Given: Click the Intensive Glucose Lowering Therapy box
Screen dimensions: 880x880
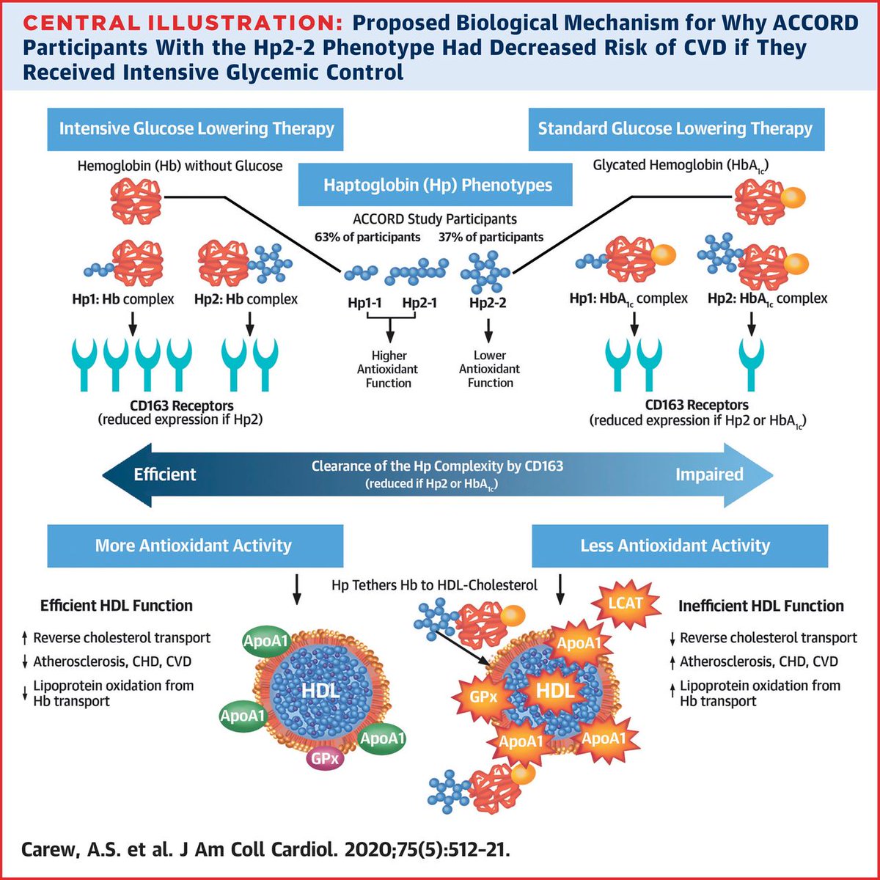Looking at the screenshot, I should (196, 129).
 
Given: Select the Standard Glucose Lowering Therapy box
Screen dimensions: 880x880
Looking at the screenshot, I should (675, 129).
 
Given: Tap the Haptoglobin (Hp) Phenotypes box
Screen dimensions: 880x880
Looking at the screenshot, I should (438, 184).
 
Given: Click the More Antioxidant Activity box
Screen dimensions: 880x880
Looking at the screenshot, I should (194, 546).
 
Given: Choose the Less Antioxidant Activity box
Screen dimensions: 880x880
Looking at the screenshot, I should (675, 546).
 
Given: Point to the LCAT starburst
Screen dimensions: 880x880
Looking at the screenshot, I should (625, 604).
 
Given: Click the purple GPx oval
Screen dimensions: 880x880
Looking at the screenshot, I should (326, 758).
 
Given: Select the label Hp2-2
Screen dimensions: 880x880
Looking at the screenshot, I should (488, 302).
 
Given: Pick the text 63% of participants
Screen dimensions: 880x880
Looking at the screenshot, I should (367, 237).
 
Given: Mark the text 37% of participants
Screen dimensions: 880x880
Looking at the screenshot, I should (491, 237).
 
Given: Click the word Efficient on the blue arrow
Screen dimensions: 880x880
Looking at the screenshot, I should (164, 474).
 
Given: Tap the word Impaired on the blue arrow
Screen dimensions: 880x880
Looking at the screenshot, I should (709, 474).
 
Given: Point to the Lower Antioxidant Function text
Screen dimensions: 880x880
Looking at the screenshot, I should (490, 369).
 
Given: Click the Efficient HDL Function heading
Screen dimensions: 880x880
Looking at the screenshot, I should (117, 606).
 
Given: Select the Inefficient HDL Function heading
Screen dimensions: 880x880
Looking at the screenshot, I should (761, 606).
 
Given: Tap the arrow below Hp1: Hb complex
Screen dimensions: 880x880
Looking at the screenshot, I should (134, 322).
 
